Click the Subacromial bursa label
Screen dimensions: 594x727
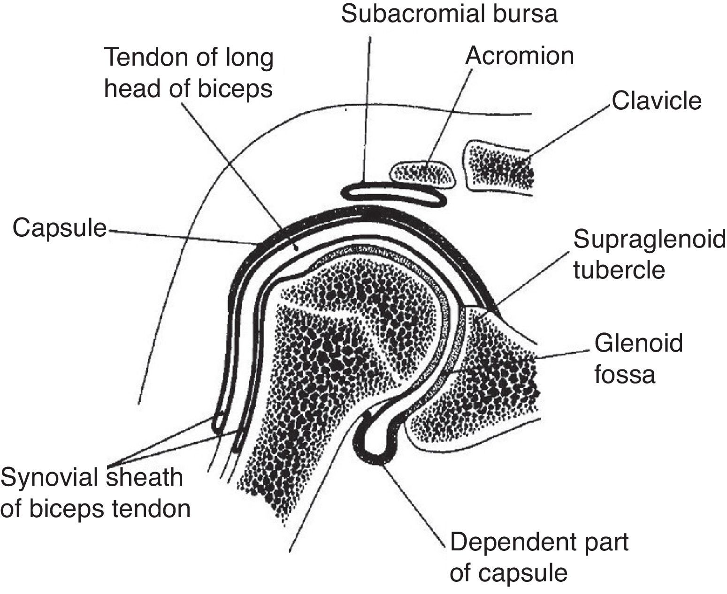click(449, 14)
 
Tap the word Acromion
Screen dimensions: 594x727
click(519, 56)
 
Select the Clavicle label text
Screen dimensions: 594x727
click(656, 101)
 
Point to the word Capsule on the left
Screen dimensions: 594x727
click(60, 228)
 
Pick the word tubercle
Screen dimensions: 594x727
click(619, 271)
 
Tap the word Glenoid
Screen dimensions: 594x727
click(638, 343)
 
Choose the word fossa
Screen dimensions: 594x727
click(624, 375)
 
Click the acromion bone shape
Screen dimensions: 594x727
click(422, 173)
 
